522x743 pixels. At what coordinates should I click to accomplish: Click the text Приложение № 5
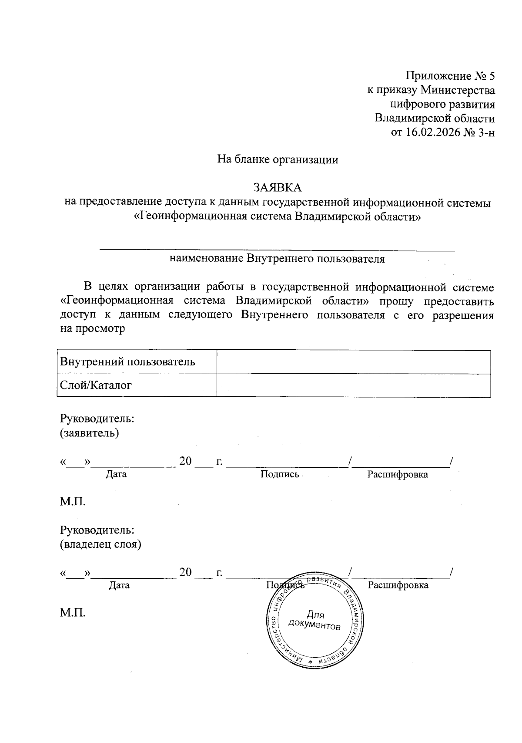click(x=450, y=76)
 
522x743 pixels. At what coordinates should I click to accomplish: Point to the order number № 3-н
click(x=479, y=132)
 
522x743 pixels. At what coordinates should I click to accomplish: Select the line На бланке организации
click(x=278, y=159)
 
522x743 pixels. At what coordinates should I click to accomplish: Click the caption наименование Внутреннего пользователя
click(x=277, y=259)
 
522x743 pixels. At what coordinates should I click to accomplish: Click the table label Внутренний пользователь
click(x=127, y=362)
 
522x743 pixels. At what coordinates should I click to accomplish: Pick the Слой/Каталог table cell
click(x=96, y=385)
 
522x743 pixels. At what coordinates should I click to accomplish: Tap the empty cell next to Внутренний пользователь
click(x=353, y=362)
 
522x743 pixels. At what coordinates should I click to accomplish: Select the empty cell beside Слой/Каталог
click(x=353, y=385)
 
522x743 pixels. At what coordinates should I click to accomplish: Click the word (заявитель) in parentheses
click(x=89, y=433)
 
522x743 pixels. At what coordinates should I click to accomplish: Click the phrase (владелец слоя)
click(x=100, y=544)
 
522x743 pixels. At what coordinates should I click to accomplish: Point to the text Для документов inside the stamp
click(x=315, y=621)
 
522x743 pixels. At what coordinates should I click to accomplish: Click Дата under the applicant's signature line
click(x=116, y=474)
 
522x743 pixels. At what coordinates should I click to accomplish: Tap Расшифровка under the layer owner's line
click(x=398, y=585)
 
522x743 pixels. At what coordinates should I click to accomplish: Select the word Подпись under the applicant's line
click(x=280, y=474)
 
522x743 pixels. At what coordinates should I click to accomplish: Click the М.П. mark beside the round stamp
click(x=73, y=612)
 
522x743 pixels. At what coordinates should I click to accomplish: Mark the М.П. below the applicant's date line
click(x=73, y=501)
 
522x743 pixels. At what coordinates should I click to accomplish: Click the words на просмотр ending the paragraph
click(x=92, y=328)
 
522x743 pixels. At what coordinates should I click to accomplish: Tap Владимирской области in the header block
click(x=435, y=118)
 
